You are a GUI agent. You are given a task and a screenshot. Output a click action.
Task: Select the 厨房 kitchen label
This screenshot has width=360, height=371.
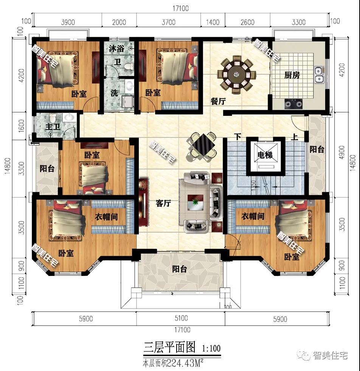coord(292,75)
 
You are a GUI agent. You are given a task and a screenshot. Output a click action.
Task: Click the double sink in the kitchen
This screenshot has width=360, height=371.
coord(319,75)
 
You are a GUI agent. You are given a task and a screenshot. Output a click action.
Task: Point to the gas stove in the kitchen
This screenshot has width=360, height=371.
coord(293,102)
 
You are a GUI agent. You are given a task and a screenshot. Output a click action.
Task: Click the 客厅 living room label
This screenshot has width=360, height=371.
coord(163,203)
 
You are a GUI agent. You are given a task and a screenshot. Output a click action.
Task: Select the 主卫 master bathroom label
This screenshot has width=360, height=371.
coord(53,126)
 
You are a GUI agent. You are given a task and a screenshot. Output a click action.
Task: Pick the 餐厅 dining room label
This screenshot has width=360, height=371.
coord(218,101)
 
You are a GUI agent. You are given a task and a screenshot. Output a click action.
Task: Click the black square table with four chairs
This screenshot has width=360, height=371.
coord(203,143)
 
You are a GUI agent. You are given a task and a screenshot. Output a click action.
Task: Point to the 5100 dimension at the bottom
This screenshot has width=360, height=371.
coord(180,319)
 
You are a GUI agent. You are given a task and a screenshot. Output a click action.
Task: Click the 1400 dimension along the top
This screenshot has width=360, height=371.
coord(213,22)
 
